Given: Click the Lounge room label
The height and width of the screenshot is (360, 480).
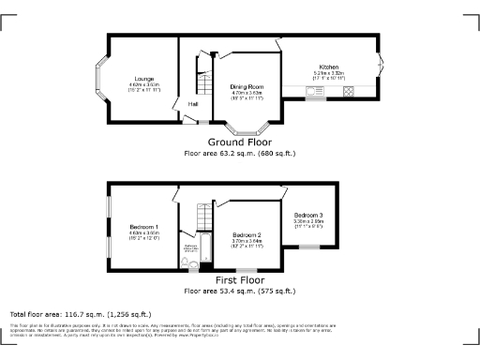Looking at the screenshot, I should [144, 79].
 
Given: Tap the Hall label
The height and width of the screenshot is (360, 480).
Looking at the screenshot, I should [192, 103].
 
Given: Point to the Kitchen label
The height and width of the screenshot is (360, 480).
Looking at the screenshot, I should [328, 67].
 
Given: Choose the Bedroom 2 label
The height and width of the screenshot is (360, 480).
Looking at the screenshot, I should [247, 234].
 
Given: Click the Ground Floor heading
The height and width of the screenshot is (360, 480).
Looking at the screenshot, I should [239, 142].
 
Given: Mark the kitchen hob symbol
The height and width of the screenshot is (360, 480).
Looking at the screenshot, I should [349, 91].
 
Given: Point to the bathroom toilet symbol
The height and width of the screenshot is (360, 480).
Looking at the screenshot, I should [184, 263].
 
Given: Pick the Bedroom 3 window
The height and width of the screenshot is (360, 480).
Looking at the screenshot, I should [309, 247].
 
